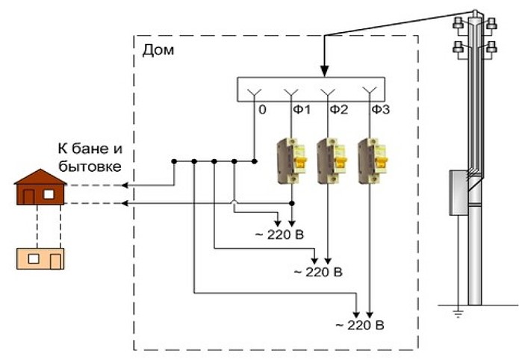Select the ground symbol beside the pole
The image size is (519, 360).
point(458,311)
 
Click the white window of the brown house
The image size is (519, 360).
point(48,194)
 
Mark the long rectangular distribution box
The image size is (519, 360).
point(311,89)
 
